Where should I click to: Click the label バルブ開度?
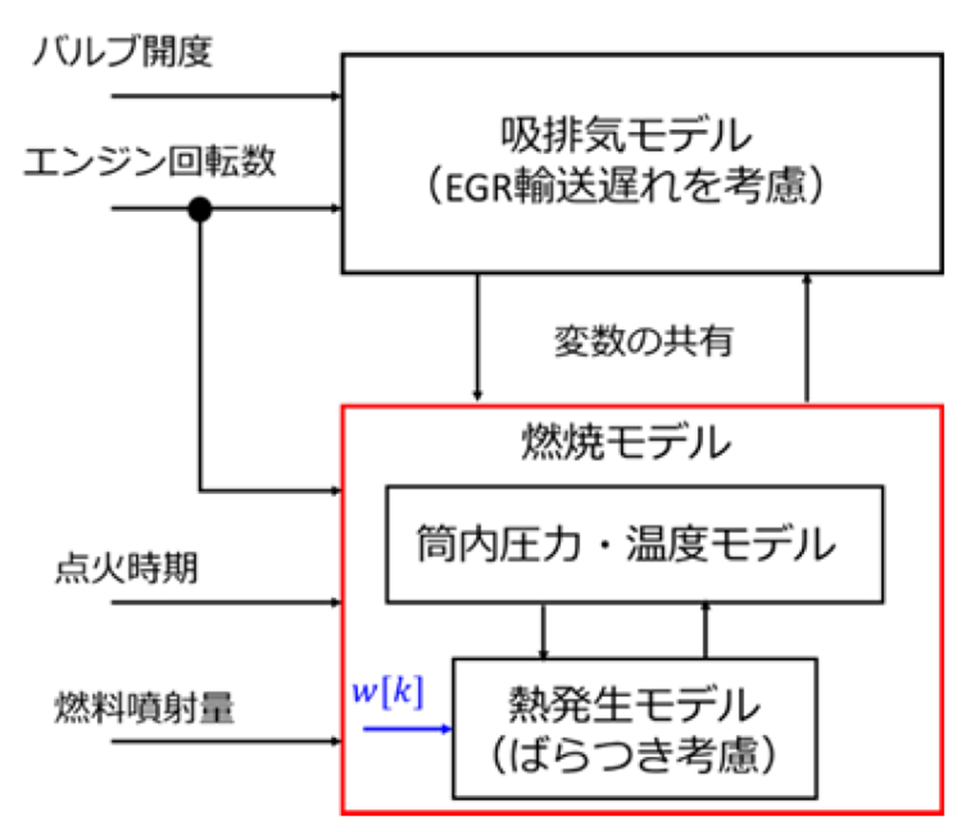point(122,51)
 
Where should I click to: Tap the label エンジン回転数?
point(149,163)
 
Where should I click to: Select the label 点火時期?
point(125,569)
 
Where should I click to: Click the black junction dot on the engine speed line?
point(199,209)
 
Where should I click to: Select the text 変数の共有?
point(642,341)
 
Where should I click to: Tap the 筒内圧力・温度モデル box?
point(635,543)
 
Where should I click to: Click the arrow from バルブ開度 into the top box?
point(227,96)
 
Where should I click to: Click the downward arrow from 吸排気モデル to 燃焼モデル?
point(477,337)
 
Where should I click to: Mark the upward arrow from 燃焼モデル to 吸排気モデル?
point(807,337)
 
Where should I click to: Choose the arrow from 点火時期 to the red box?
point(227,604)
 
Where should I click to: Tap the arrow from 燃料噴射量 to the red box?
point(227,742)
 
